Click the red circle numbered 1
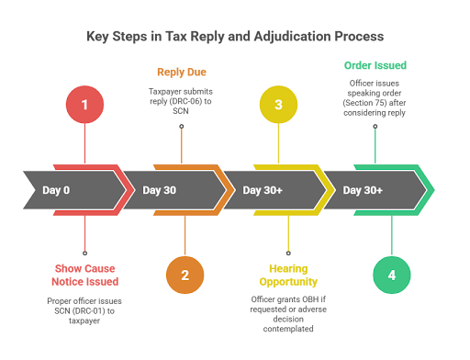tap(85, 106)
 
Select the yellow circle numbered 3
tap(279, 106)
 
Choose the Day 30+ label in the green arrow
tap(363, 190)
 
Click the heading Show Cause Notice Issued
tap(85, 275)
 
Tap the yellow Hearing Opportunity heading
tap(288, 275)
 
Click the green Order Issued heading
tap(375, 65)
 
